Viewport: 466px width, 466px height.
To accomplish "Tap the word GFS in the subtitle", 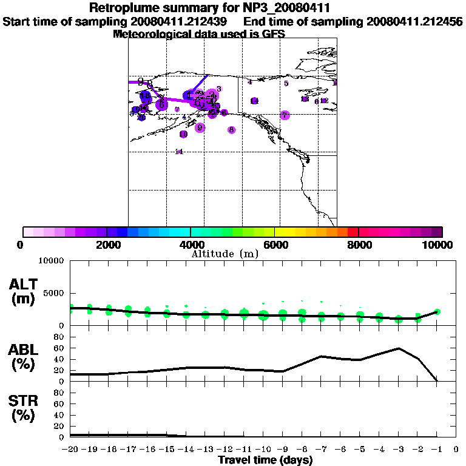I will coord(273,34).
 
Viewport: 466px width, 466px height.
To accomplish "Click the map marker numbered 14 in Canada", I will coord(254,101).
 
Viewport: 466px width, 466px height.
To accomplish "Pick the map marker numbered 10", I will coord(183,134).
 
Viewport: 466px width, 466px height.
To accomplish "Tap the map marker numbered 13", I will coord(305,99).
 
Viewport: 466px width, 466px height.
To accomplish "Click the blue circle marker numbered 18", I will coord(145,96).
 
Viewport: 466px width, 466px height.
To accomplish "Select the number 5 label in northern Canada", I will coord(286,83).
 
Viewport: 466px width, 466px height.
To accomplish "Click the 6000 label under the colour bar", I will coord(274,245).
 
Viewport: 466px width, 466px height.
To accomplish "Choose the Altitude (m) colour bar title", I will coord(225,254).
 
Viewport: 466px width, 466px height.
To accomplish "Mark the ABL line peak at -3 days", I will coord(398,348).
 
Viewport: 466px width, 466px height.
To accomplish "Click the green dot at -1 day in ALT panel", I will coord(437,311).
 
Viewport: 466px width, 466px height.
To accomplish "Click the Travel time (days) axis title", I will coord(265,461).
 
